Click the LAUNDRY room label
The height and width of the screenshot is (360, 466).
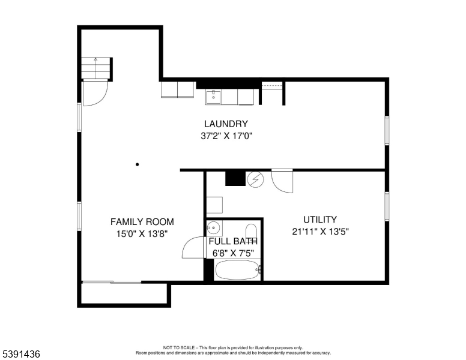[x=226, y=124]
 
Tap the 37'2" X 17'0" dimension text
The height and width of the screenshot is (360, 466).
[x=226, y=136]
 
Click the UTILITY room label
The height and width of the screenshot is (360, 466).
[x=319, y=220]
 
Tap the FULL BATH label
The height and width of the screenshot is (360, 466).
[x=233, y=241]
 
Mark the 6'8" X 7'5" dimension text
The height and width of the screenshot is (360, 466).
[x=233, y=253]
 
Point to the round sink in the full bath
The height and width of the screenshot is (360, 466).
[x=214, y=227]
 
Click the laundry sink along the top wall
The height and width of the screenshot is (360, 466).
[x=214, y=96]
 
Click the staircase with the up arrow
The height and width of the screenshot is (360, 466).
[x=96, y=68]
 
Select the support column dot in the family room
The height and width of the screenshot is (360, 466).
[x=138, y=164]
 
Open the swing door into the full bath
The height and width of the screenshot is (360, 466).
[x=193, y=248]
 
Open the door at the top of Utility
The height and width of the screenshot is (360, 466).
[x=282, y=181]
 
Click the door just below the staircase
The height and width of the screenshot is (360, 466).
[x=95, y=93]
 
